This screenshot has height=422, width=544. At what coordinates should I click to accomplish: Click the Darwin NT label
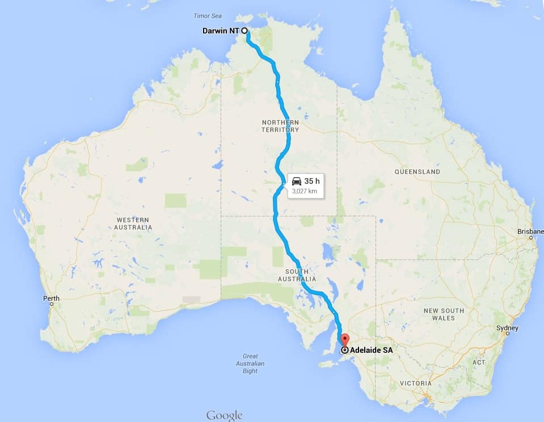point(221,31)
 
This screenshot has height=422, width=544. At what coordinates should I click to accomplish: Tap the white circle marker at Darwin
point(244,31)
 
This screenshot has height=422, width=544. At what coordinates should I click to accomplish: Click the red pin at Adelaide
point(344,341)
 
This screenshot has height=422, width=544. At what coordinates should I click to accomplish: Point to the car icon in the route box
point(297,181)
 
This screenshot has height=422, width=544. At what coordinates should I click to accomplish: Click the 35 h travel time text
point(312,181)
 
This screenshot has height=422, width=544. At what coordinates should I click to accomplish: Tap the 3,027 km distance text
point(304,192)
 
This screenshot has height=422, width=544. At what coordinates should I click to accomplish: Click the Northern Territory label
point(280,126)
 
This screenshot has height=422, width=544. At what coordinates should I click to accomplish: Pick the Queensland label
point(417,171)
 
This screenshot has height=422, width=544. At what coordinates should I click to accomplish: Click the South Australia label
point(297,275)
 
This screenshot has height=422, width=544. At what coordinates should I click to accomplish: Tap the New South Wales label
point(444,314)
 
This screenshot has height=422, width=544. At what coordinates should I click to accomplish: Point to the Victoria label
point(415,383)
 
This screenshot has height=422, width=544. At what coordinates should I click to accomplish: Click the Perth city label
point(51,298)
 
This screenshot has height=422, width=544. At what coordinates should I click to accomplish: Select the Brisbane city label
point(530,231)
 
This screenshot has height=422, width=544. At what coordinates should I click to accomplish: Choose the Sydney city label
point(507,328)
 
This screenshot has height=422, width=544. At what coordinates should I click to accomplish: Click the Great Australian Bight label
point(250,364)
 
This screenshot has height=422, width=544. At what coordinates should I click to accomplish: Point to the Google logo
point(224,415)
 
